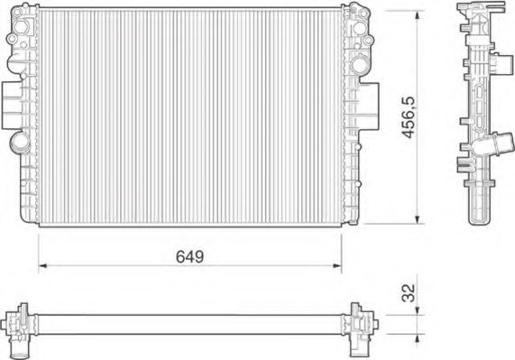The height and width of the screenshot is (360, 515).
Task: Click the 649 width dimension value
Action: tap(189, 256)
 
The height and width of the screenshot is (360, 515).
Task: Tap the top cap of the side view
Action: tap(478, 11)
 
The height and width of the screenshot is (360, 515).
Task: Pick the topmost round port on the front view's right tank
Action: tap(361, 17)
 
